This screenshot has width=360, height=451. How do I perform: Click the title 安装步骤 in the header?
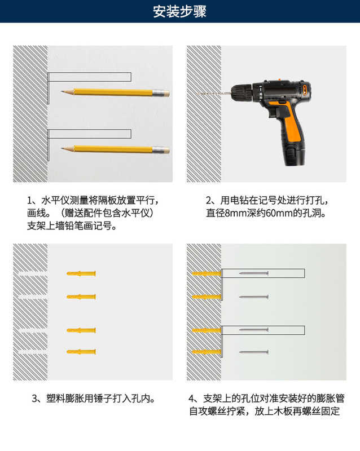click(x=179, y=11)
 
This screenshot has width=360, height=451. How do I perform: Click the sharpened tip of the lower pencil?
click(x=63, y=149)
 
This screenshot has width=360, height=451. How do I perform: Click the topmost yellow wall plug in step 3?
click(x=81, y=273)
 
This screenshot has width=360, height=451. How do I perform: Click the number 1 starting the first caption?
click(x=30, y=201)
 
